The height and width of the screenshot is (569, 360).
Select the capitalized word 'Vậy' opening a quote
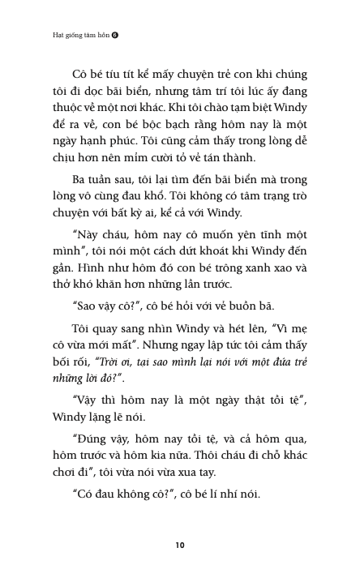pos(87,397)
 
